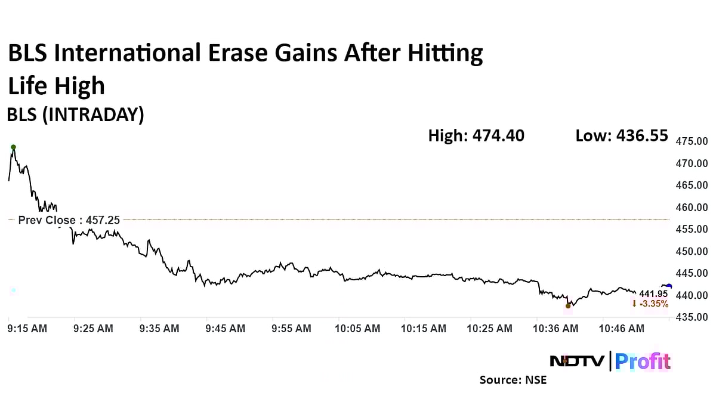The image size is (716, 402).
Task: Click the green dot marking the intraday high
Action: point(13,147)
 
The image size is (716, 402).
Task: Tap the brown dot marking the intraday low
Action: point(567,306)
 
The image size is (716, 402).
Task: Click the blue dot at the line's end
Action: point(669,286)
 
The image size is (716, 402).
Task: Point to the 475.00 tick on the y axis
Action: point(691,141)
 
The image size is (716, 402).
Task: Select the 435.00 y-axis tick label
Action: point(691,317)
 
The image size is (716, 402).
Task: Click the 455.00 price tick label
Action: point(691,229)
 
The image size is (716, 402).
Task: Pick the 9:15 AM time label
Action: point(27,329)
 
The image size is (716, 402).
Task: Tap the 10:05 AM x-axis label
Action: point(357,329)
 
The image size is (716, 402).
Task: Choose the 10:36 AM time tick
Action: point(555,329)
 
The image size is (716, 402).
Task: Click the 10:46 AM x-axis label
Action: point(621,329)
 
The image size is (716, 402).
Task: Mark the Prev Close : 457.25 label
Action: point(69,220)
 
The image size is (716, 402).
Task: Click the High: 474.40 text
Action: point(476,136)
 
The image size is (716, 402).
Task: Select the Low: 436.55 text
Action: point(621,136)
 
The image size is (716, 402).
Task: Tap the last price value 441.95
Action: point(653,294)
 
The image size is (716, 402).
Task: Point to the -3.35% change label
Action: point(650,304)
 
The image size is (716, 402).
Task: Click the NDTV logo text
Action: point(576,361)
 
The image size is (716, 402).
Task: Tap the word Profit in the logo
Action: point(643,361)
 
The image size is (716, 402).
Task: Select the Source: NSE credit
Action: point(513,380)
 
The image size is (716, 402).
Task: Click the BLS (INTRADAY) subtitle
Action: point(75,115)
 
